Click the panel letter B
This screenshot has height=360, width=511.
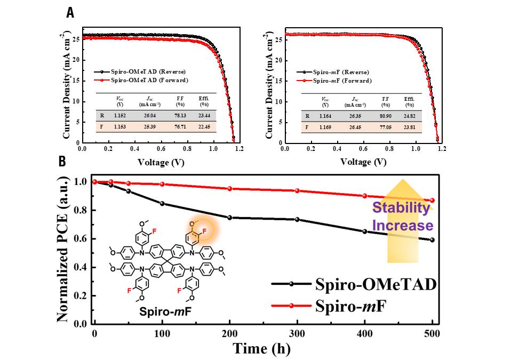pyautogui.click(x=62, y=160)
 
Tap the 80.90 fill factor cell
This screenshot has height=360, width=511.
pyautogui.click(x=385, y=116)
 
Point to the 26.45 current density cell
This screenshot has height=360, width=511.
pyautogui.click(x=355, y=127)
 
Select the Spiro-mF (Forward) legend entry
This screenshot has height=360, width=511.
pyautogui.click(x=342, y=81)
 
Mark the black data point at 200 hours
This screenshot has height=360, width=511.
pyautogui.click(x=229, y=218)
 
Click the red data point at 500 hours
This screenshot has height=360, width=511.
pyautogui.click(x=432, y=201)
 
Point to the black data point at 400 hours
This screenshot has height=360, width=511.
pyautogui.click(x=364, y=231)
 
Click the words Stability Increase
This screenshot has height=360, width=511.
pyautogui.click(x=401, y=217)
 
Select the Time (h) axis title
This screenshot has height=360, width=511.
pyautogui.click(x=262, y=349)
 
